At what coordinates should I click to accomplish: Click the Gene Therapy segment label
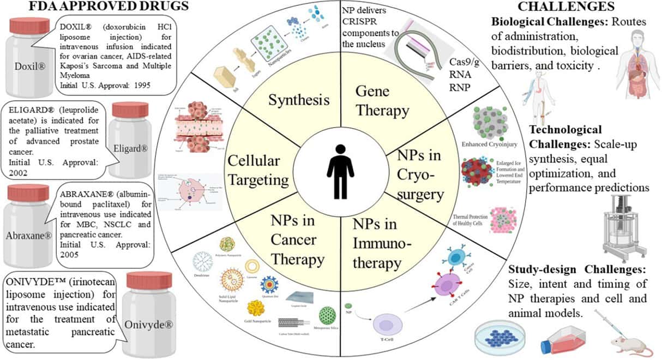pos(382,101)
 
